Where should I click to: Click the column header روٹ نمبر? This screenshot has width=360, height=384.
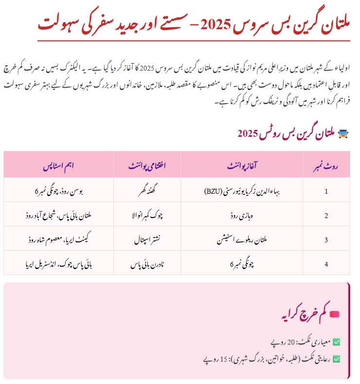coord(326,165)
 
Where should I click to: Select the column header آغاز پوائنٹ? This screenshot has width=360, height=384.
coord(241,165)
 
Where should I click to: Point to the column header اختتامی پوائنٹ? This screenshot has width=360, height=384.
coord(147,165)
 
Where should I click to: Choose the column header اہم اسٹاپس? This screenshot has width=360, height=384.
coord(58,165)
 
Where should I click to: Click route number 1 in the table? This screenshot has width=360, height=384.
coord(326,191)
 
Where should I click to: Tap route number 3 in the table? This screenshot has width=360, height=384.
coord(326,239)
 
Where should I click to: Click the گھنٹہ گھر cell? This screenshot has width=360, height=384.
coord(147,191)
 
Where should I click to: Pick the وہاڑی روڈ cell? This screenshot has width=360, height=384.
coord(241,215)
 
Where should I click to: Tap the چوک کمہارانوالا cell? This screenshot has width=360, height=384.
coord(147,215)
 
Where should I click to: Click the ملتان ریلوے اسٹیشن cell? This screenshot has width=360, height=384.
coord(241,239)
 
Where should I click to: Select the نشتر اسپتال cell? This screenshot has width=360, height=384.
coord(147,239)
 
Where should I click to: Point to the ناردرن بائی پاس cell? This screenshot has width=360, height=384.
coord(147,264)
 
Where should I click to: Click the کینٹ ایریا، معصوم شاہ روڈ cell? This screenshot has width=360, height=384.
coord(58,239)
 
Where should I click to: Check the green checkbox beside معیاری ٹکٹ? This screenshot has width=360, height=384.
coord(336,342)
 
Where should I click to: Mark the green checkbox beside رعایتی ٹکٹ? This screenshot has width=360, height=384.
coord(336,359)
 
